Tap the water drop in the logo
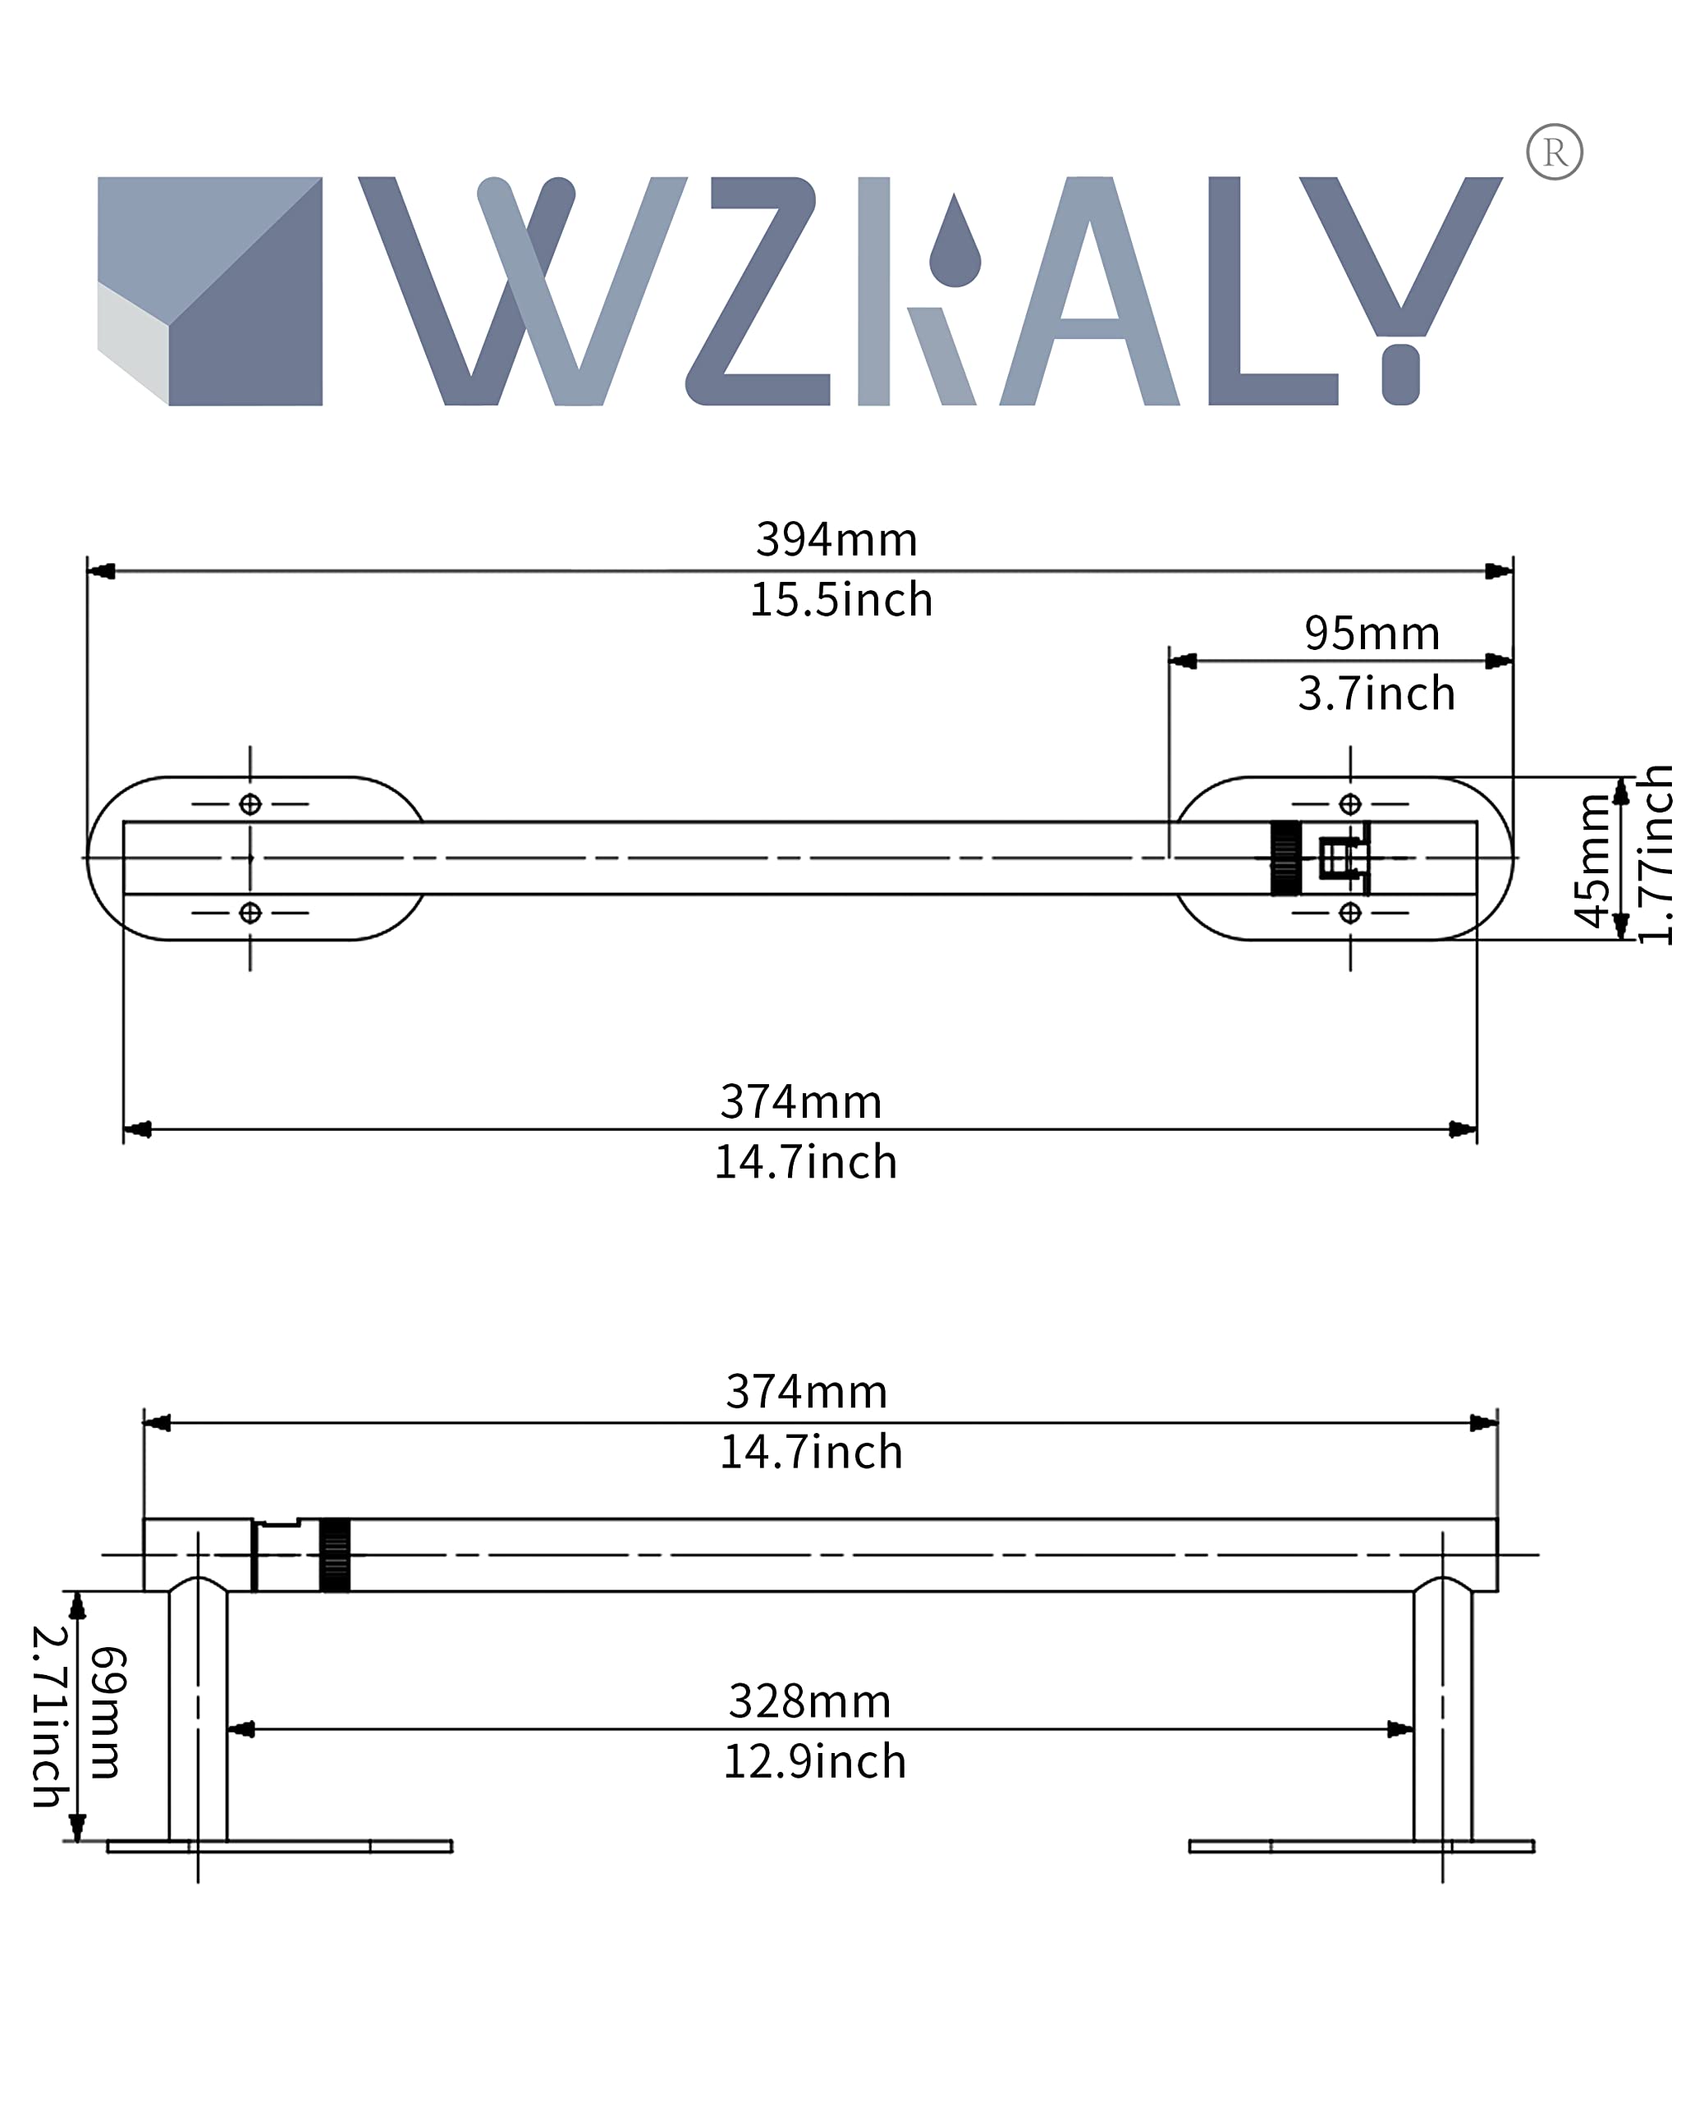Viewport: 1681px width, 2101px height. [954, 245]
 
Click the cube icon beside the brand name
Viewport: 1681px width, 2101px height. [210, 291]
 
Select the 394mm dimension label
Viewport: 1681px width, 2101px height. [836, 540]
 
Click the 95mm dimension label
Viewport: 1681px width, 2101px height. [1372, 634]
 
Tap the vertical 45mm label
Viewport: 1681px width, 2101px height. [1592, 859]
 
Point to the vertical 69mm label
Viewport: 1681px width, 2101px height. [108, 1713]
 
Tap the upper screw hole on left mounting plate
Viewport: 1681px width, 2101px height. [250, 804]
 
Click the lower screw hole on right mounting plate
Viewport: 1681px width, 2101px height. [1349, 913]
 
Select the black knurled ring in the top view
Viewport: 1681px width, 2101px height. [1285, 858]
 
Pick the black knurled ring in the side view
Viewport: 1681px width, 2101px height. [334, 1554]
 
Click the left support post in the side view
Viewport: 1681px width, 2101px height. [198, 1715]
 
